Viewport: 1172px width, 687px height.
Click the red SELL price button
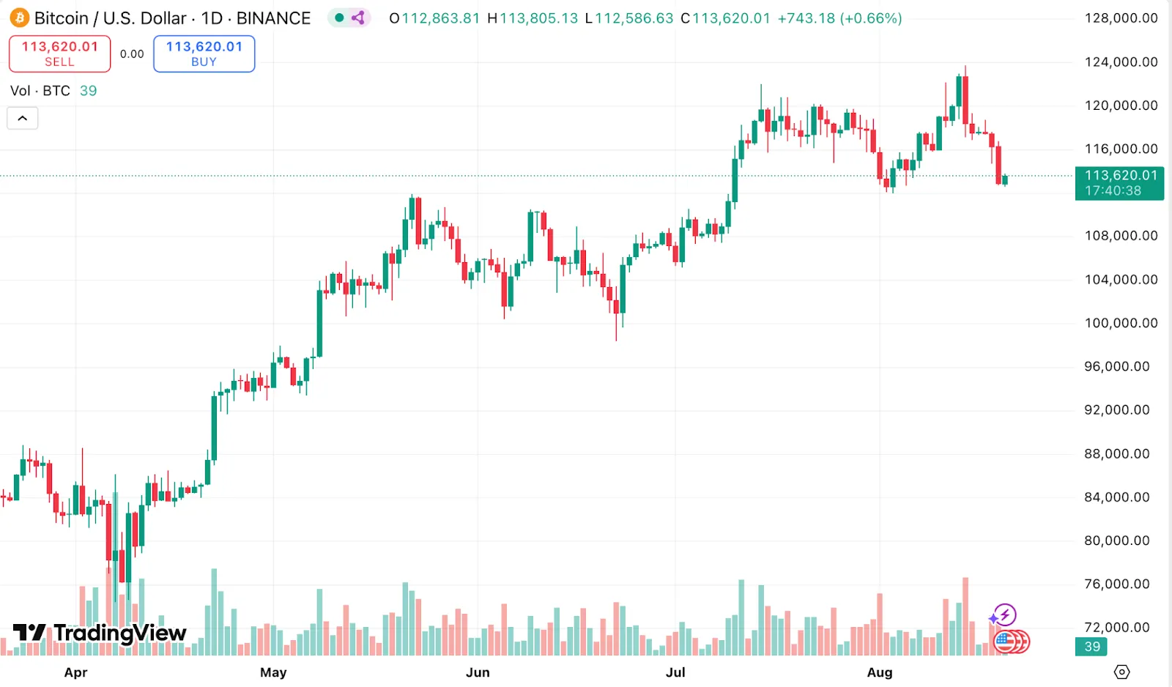[59, 53]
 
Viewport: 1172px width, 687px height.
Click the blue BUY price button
[204, 53]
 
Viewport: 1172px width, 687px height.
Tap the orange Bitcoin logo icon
[19, 18]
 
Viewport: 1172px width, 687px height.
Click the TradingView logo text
[100, 633]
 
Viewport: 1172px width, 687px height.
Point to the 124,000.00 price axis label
[1121, 62]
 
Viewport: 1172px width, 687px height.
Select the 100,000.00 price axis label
[1121, 323]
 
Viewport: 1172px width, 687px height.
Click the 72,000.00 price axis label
[1116, 628]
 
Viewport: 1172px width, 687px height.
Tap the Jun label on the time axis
[478, 672]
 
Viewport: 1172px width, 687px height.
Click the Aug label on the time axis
[879, 672]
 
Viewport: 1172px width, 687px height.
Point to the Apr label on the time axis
[75, 672]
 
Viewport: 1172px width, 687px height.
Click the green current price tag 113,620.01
[1119, 183]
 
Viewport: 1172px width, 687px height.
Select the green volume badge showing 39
[1091, 647]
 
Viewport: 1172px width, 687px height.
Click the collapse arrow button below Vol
[23, 118]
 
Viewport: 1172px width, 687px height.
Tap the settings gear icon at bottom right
[1121, 672]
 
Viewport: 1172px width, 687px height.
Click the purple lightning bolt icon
[1004, 615]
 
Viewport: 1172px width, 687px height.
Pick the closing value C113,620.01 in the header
[725, 18]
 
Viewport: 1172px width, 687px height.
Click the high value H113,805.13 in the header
[533, 18]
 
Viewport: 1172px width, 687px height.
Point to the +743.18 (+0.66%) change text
[839, 18]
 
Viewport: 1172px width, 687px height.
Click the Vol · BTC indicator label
[40, 91]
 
